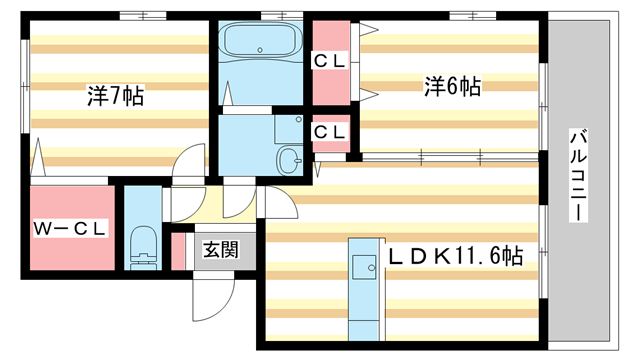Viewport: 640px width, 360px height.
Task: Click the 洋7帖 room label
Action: coord(115,97)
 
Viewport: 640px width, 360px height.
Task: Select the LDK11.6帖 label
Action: coord(456,256)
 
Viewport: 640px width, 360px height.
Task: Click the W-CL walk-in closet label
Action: coord(70,229)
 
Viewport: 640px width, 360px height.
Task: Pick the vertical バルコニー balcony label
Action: coord(579,176)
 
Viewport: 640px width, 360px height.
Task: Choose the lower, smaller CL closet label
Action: coord(330,131)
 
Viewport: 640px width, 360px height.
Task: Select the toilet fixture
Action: coord(145,245)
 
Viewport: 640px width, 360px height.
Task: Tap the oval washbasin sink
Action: coord(290,158)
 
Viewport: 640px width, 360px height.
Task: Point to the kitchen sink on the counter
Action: coord(360,266)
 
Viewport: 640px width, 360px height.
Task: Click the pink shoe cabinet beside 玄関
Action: coord(179,251)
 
